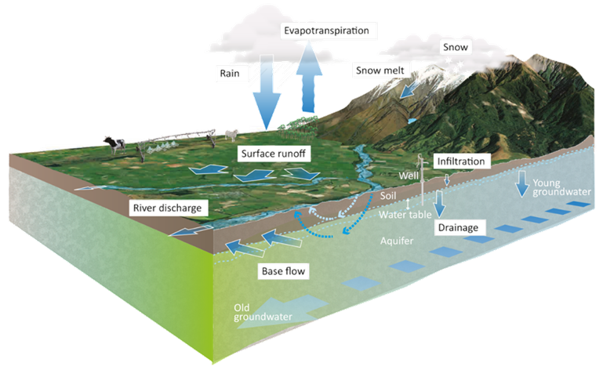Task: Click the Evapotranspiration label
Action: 329,31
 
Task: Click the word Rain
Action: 228,72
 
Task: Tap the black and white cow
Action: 115,145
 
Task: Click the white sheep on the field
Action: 232,136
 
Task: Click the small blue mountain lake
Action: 412,121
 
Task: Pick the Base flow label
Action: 282,272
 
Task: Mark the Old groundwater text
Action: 263,313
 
